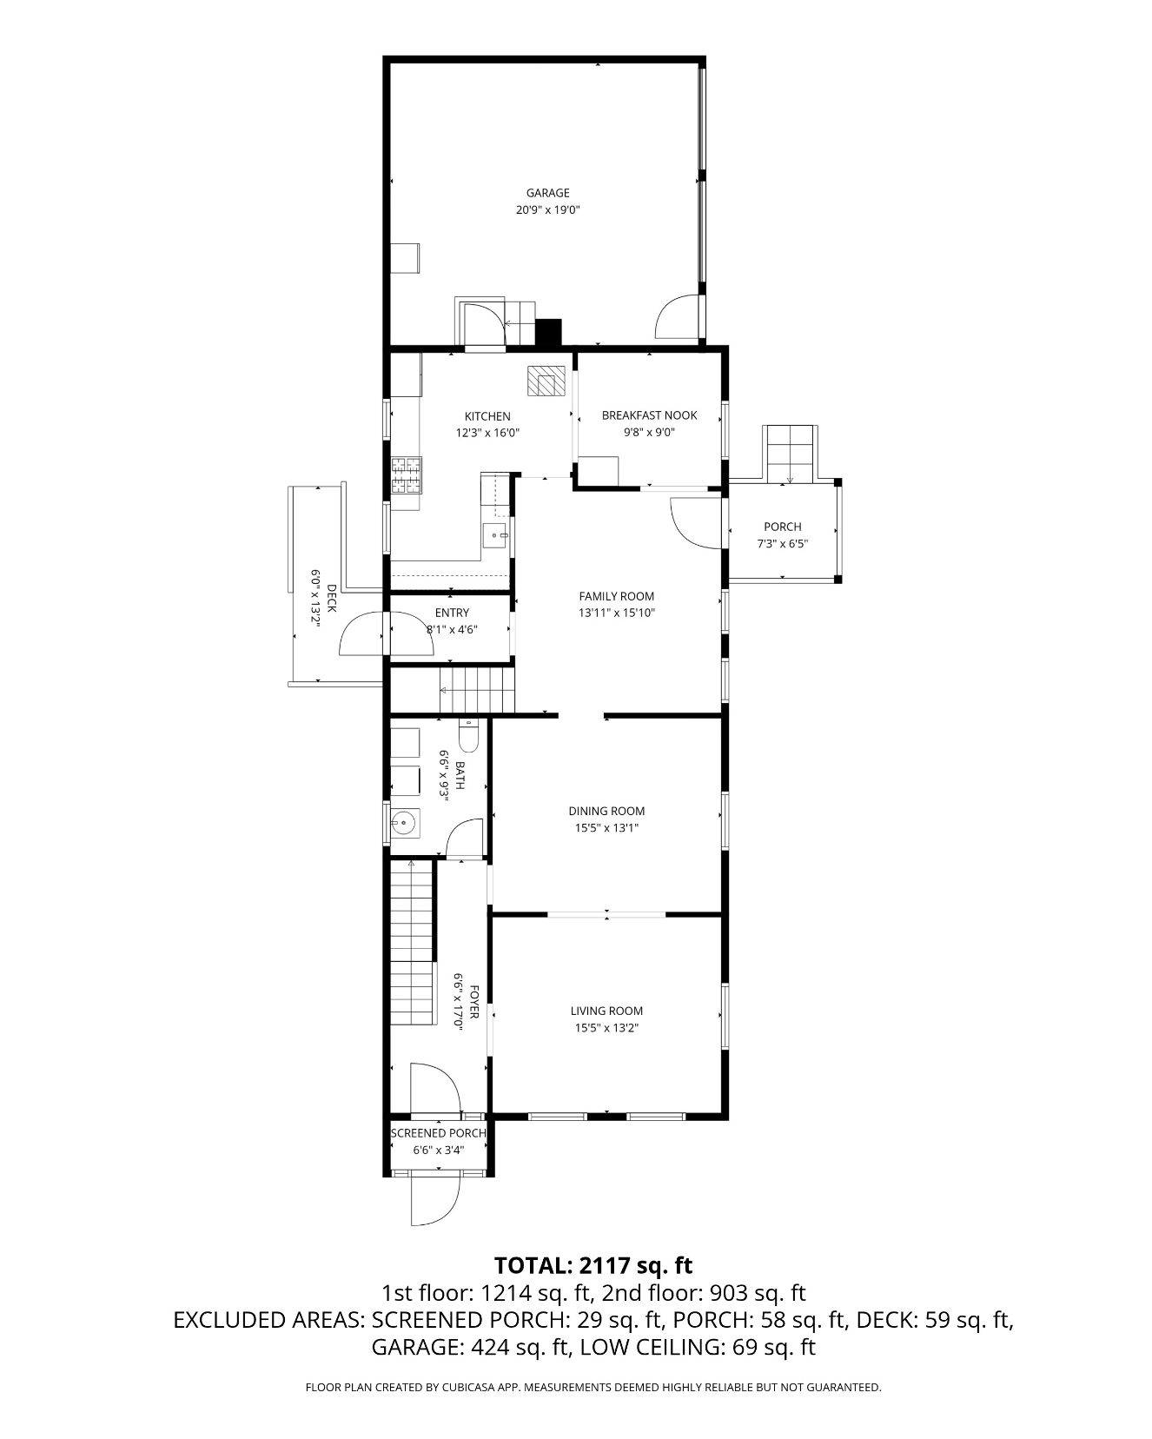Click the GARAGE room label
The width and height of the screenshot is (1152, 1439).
(547, 193)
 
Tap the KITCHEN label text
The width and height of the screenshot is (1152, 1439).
(487, 416)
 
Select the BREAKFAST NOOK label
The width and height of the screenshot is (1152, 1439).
(650, 415)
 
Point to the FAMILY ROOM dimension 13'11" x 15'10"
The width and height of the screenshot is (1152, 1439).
(617, 613)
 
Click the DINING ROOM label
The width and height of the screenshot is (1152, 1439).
(606, 811)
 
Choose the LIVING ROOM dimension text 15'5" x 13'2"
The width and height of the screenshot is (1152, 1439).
(606, 1028)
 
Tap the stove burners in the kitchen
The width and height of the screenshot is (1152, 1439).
(406, 475)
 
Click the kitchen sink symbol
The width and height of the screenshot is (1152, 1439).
(496, 535)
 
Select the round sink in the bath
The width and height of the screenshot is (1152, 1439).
(404, 822)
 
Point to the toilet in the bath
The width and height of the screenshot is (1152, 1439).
(467, 735)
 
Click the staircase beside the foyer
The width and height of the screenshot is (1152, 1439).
(412, 942)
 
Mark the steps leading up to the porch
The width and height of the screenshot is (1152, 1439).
(790, 454)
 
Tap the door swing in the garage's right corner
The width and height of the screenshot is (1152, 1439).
(677, 316)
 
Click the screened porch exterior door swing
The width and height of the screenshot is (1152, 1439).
(435, 1198)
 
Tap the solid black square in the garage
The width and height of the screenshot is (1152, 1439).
(549, 333)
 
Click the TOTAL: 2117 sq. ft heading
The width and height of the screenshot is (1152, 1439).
(593, 1264)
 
